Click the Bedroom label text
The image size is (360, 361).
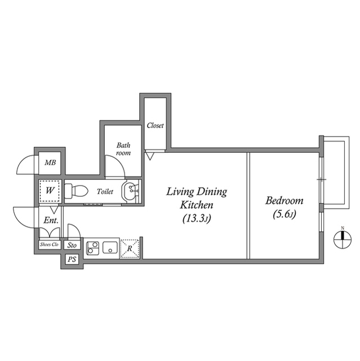(285, 201)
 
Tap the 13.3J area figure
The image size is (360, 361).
(197, 218)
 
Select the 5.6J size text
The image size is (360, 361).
(285, 214)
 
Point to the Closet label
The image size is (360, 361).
(155, 125)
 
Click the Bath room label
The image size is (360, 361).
(123, 149)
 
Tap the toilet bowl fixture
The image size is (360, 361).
(76, 191)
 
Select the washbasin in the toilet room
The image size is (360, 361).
(130, 191)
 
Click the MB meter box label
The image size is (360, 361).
(50, 162)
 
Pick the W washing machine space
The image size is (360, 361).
(50, 191)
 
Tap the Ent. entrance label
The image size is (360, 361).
(51, 221)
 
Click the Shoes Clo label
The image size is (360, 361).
(49, 244)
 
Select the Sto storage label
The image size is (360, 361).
(72, 245)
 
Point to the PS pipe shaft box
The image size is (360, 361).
(72, 259)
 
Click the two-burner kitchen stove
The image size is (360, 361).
(92, 248)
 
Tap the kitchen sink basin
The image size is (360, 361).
(110, 248)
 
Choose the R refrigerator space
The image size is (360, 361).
(130, 248)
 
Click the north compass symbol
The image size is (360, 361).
(343, 239)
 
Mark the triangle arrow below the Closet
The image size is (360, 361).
(150, 157)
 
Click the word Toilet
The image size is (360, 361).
(105, 192)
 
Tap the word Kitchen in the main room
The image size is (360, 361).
(197, 205)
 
